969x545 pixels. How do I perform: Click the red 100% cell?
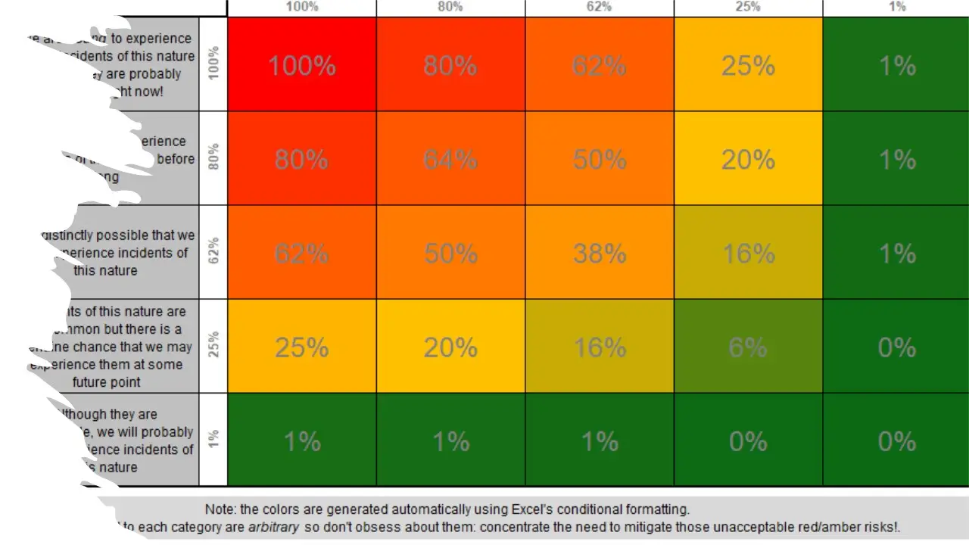(x=301, y=65)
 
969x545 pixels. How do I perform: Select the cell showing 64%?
(x=450, y=159)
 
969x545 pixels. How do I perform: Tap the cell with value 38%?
(x=599, y=253)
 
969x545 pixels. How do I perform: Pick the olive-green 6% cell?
(x=748, y=347)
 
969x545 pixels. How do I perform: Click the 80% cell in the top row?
(x=450, y=65)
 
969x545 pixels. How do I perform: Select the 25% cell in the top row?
(x=748, y=65)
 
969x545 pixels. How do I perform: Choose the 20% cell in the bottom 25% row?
(x=450, y=347)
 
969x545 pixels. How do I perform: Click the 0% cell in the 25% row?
(x=896, y=347)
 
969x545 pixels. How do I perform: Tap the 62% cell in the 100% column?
(x=301, y=253)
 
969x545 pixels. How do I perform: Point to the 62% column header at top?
(x=599, y=7)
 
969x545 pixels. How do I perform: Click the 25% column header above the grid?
(x=748, y=7)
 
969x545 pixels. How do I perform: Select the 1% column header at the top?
(x=897, y=7)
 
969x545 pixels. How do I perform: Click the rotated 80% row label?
(x=213, y=158)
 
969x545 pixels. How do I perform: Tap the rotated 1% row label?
(x=213, y=440)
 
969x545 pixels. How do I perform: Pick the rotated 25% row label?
(x=213, y=346)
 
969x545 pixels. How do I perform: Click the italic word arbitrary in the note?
(x=273, y=527)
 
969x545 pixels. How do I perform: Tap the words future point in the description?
(x=106, y=382)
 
